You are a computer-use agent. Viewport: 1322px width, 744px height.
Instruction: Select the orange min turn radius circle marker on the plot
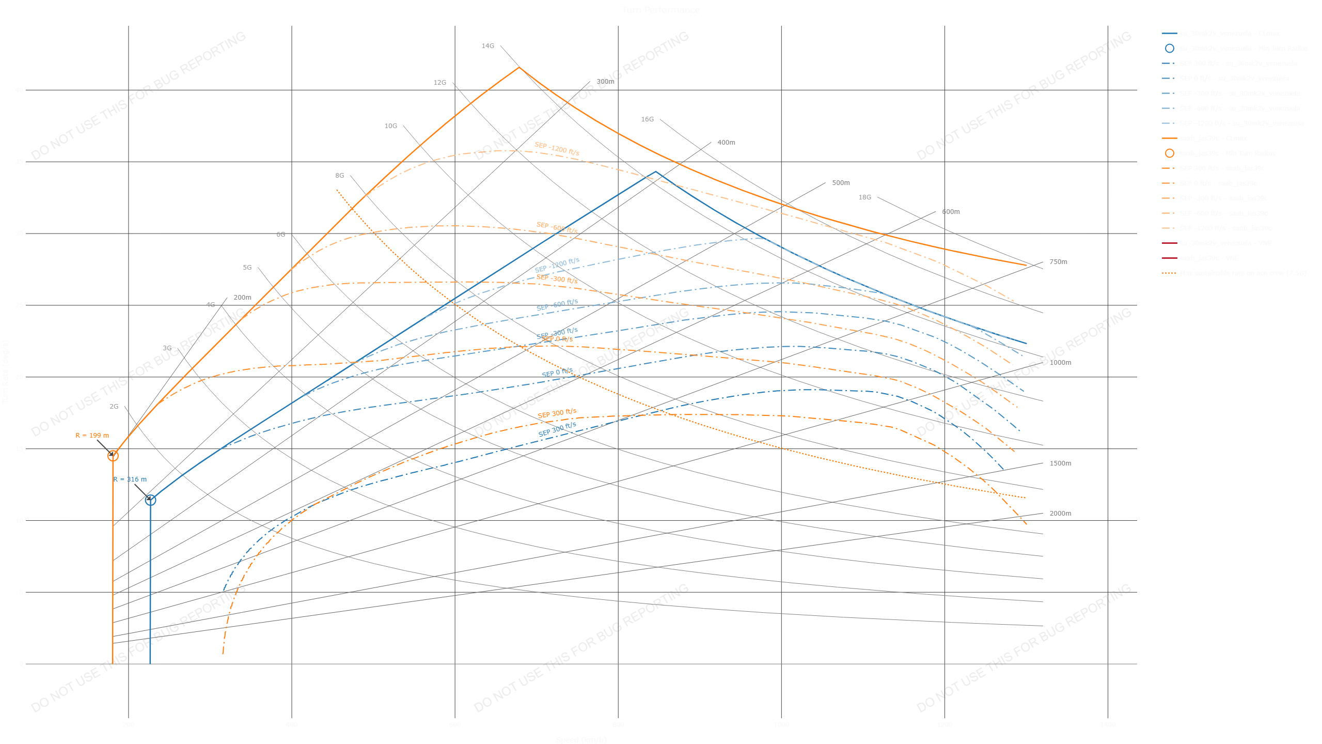(113, 456)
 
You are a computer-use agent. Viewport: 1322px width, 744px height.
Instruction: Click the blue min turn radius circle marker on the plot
(150, 500)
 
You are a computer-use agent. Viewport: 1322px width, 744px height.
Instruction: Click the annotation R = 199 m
(92, 436)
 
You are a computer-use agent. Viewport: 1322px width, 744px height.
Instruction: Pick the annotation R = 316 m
(130, 479)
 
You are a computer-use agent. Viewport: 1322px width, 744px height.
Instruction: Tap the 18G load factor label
(864, 197)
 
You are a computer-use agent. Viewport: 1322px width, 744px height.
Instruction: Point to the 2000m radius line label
(1060, 514)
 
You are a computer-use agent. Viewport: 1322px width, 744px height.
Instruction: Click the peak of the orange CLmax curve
(519, 67)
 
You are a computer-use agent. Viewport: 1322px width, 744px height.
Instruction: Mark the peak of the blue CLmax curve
(655, 172)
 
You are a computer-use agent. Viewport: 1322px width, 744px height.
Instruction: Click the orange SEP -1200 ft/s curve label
(557, 148)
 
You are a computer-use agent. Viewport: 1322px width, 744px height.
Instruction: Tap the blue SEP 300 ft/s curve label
(557, 429)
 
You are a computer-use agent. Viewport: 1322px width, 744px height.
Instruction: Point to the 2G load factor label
(114, 407)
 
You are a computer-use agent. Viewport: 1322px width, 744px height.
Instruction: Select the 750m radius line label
(1058, 262)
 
